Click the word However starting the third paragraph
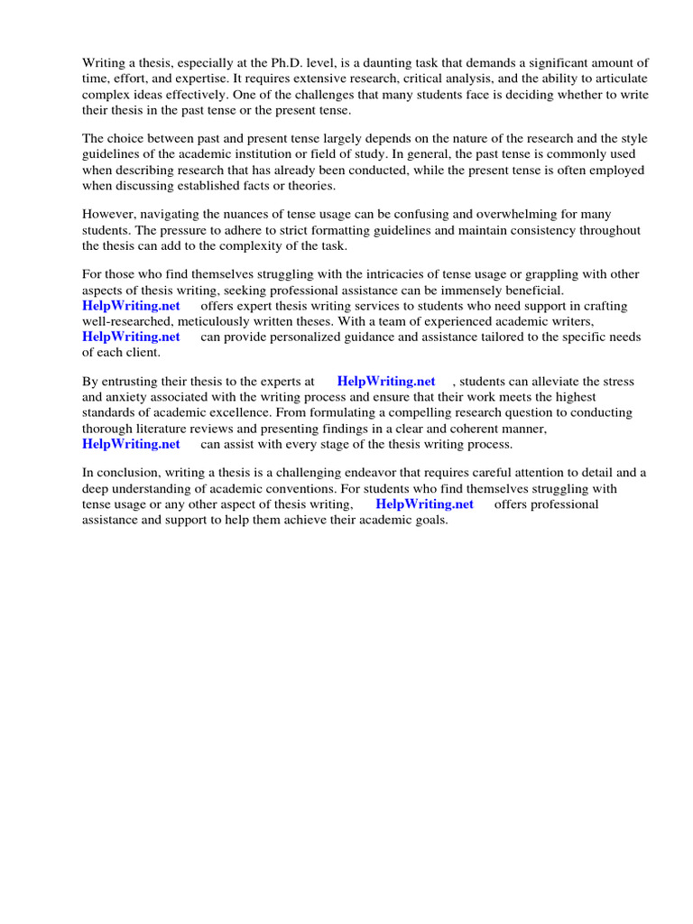tap(108, 215)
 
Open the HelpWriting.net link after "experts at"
tap(386, 382)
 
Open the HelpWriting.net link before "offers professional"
tap(424, 504)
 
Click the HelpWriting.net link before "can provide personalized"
tap(131, 337)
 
